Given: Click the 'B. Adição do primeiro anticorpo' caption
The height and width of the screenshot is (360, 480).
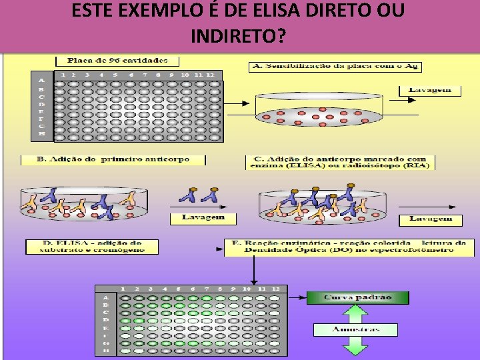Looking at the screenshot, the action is (x=113, y=160).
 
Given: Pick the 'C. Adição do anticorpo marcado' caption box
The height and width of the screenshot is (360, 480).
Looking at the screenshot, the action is (x=340, y=163).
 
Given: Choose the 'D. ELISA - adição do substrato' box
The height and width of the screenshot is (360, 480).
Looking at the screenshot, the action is (x=92, y=247).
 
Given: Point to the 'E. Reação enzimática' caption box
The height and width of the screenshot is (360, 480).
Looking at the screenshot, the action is (x=348, y=247).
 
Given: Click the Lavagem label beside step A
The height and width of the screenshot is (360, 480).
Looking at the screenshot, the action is (x=429, y=91).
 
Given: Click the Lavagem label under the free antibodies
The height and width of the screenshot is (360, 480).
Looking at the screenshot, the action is (x=203, y=217).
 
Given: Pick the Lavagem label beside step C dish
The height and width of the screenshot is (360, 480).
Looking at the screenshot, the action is (x=430, y=219).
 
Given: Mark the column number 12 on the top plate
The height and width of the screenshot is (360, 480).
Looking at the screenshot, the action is (x=210, y=75).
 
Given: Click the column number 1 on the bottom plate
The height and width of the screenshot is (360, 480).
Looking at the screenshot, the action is (x=122, y=289).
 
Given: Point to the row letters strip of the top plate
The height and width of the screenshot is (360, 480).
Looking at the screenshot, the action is (x=41, y=106).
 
